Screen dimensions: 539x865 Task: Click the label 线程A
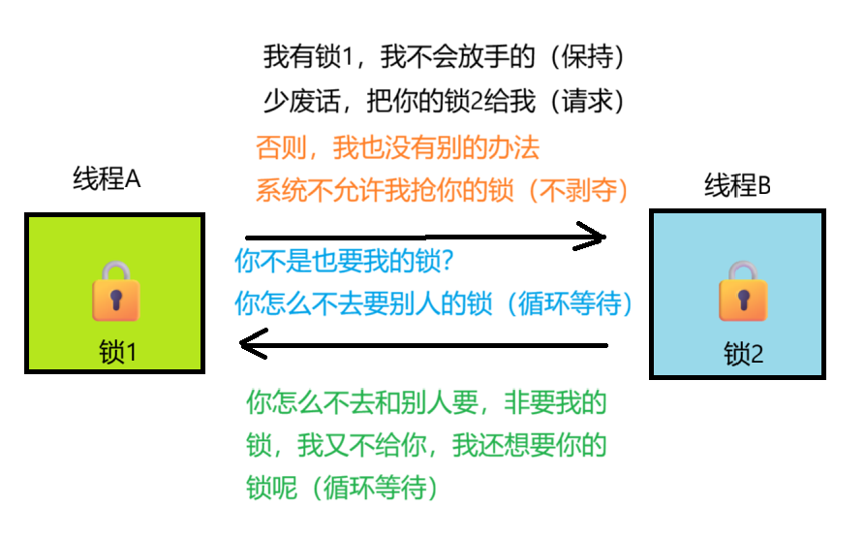(108, 179)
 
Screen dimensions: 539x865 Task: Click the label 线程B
(737, 185)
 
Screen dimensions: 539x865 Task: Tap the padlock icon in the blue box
(743, 291)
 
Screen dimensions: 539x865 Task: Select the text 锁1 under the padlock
(118, 353)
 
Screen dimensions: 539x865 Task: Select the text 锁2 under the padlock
(744, 355)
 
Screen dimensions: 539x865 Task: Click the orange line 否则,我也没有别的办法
(397, 148)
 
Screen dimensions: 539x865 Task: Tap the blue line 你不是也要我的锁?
(345, 262)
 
